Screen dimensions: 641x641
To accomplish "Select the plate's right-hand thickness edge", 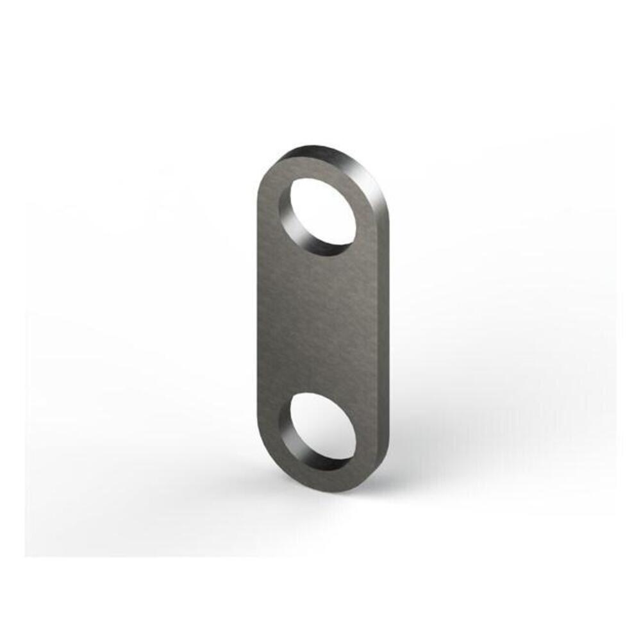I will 383,320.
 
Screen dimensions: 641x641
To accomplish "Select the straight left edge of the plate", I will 257,320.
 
